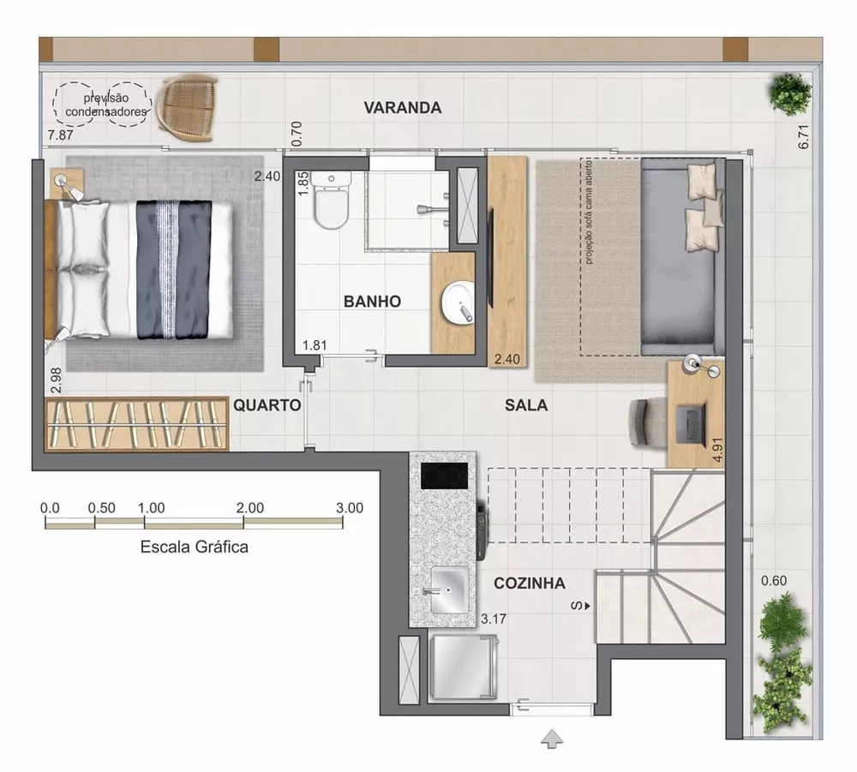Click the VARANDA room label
(402, 108)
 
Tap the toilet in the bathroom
(331, 201)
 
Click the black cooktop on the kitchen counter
(445, 475)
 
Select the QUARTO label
(267, 405)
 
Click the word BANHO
(372, 302)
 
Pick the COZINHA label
(530, 583)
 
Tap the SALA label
(526, 405)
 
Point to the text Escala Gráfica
(195, 547)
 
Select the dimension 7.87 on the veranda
(62, 135)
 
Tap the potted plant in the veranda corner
(789, 93)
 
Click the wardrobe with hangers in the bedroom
(137, 424)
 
